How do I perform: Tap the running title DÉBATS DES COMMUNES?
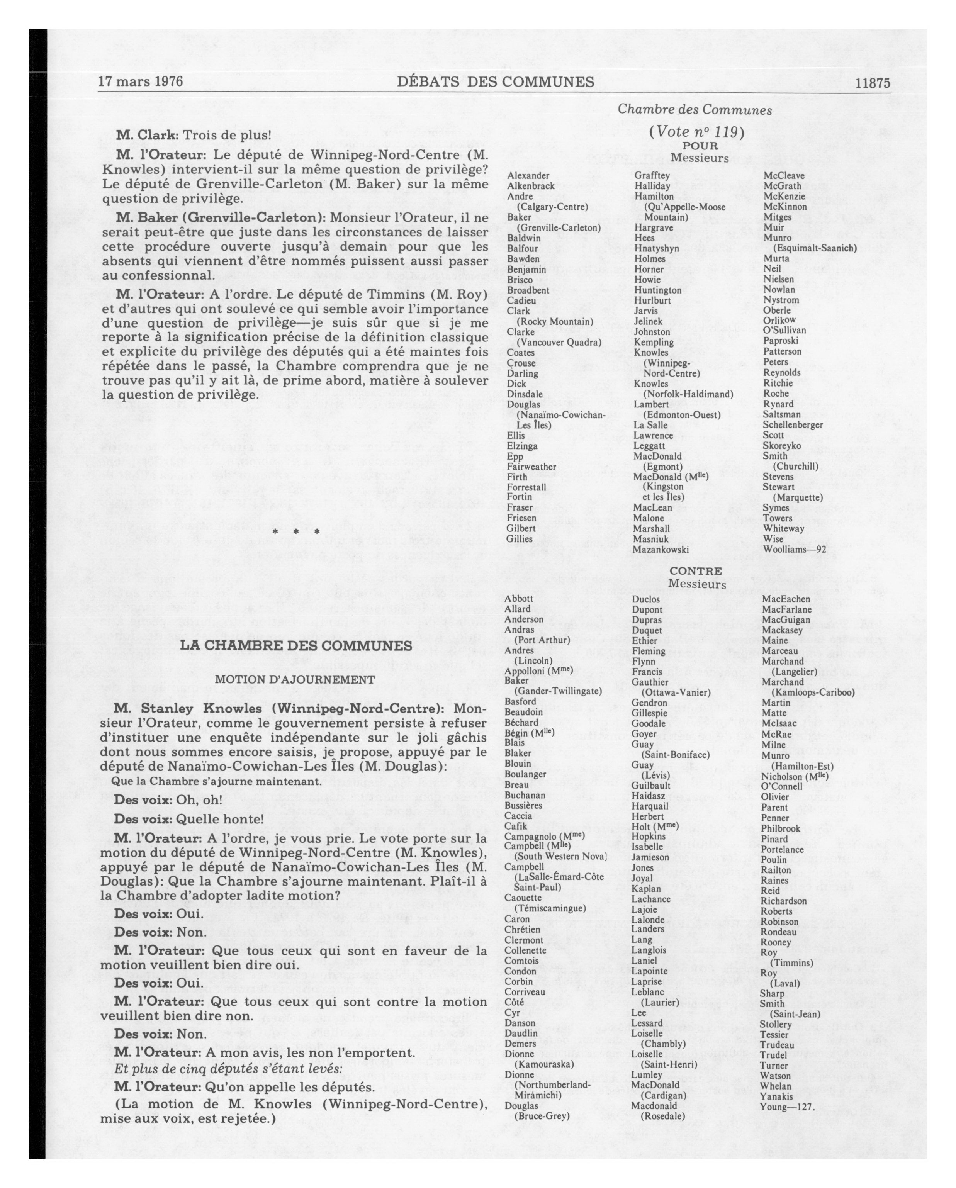[495, 82]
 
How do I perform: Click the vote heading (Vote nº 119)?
[696, 132]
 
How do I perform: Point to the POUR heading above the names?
[700, 146]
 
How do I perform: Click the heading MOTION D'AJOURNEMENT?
[295, 679]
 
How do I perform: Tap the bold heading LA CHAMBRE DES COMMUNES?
[296, 645]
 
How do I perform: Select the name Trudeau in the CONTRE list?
[776, 1045]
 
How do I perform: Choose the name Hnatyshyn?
[656, 248]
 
